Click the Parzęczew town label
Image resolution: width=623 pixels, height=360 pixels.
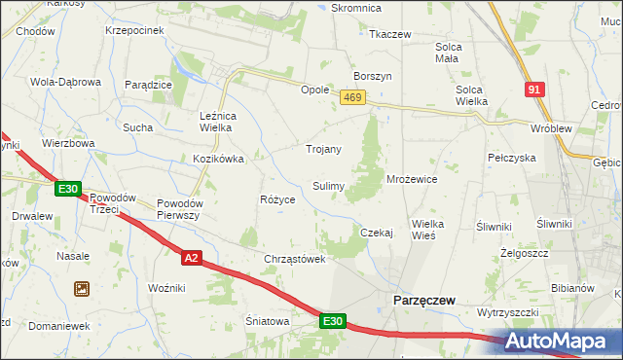[x=424, y=301]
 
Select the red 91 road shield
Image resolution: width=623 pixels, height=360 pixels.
[x=532, y=90]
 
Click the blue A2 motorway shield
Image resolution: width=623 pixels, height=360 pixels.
[x=192, y=257]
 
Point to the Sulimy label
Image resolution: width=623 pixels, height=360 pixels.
[x=327, y=185]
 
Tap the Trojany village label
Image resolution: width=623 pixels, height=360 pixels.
[x=323, y=149]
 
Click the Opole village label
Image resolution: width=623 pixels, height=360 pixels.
[x=314, y=89]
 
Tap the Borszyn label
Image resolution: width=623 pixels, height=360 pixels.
[x=373, y=75]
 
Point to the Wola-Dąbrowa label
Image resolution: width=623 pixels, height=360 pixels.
[x=66, y=82]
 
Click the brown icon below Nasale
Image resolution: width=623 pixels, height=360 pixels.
[x=81, y=288]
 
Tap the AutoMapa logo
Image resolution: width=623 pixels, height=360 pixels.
[x=562, y=342]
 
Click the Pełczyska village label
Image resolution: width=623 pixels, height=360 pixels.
[x=512, y=157]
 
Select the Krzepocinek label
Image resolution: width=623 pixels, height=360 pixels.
[x=132, y=30]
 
